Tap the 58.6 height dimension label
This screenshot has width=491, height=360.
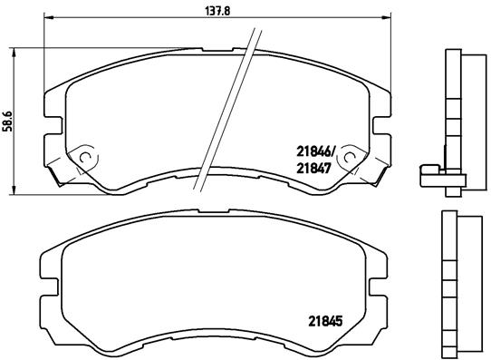(x=8, y=120)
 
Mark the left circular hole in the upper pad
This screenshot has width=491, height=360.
(x=87, y=156)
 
